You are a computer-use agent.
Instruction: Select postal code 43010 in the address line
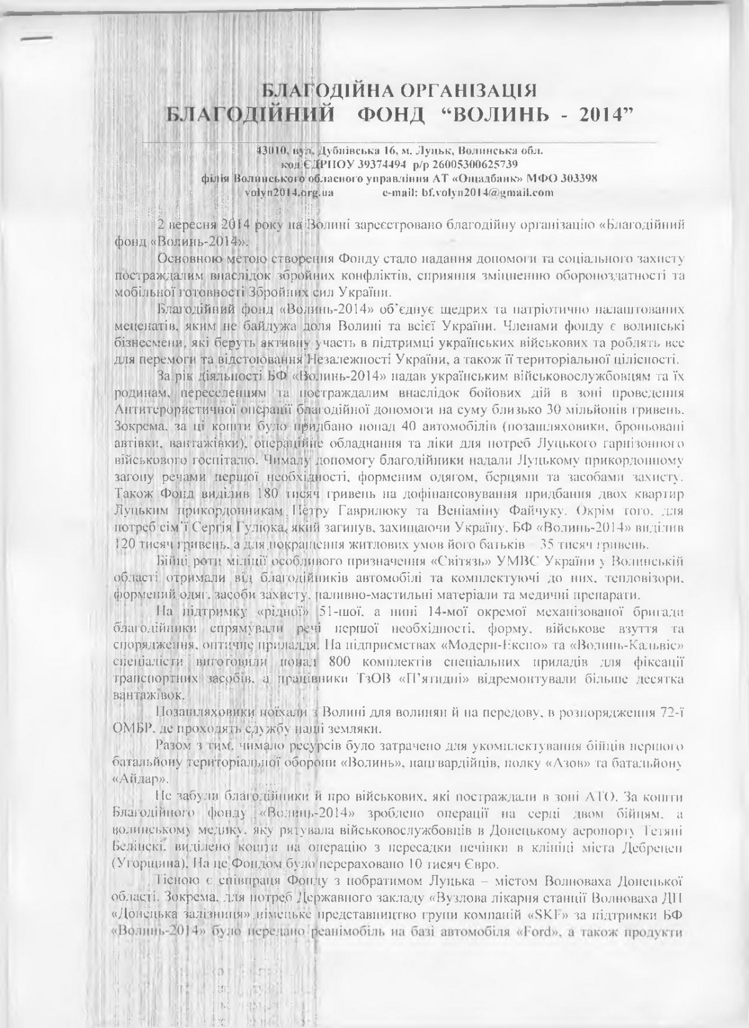pyautogui.click(x=271, y=151)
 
